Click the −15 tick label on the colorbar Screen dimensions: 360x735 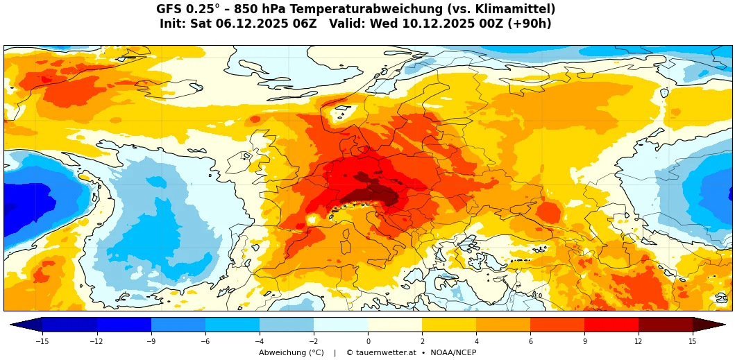click(42, 341)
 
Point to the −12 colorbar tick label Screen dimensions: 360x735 click(96, 341)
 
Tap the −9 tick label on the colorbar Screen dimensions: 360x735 click(151, 341)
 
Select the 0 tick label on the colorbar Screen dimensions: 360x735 click(368, 341)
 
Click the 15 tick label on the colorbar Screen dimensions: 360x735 click(693, 341)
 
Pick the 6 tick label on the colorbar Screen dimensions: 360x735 click(530, 341)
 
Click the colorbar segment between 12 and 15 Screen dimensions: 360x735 click(666, 324)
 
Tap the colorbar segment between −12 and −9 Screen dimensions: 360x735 click(124, 324)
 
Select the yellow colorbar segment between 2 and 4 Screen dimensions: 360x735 click(449, 324)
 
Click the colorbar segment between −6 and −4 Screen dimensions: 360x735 click(233, 324)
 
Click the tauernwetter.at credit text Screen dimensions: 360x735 click(381, 353)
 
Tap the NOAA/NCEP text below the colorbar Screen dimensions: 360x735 click(453, 353)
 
